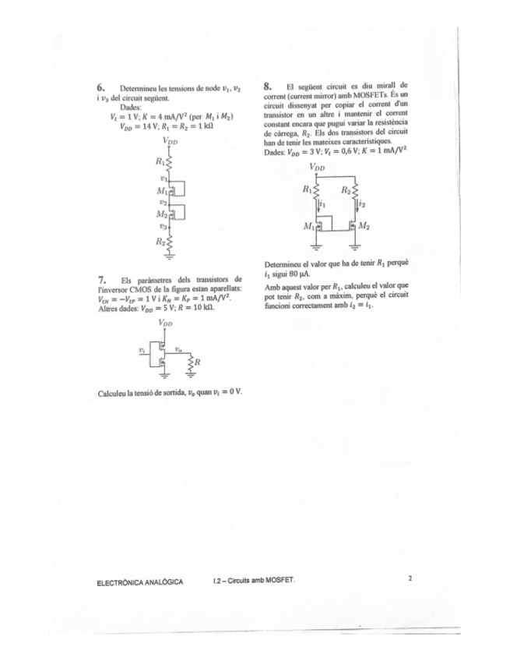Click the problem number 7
tap(101, 278)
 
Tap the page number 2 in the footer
tap(409, 578)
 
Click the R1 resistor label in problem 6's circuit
tap(160, 162)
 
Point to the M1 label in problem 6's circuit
tap(162, 190)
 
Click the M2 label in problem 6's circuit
tap(162, 214)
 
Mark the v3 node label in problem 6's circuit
tap(163, 226)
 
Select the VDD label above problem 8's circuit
tap(318, 167)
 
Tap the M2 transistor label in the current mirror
tap(364, 226)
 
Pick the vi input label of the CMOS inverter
tap(141, 350)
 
